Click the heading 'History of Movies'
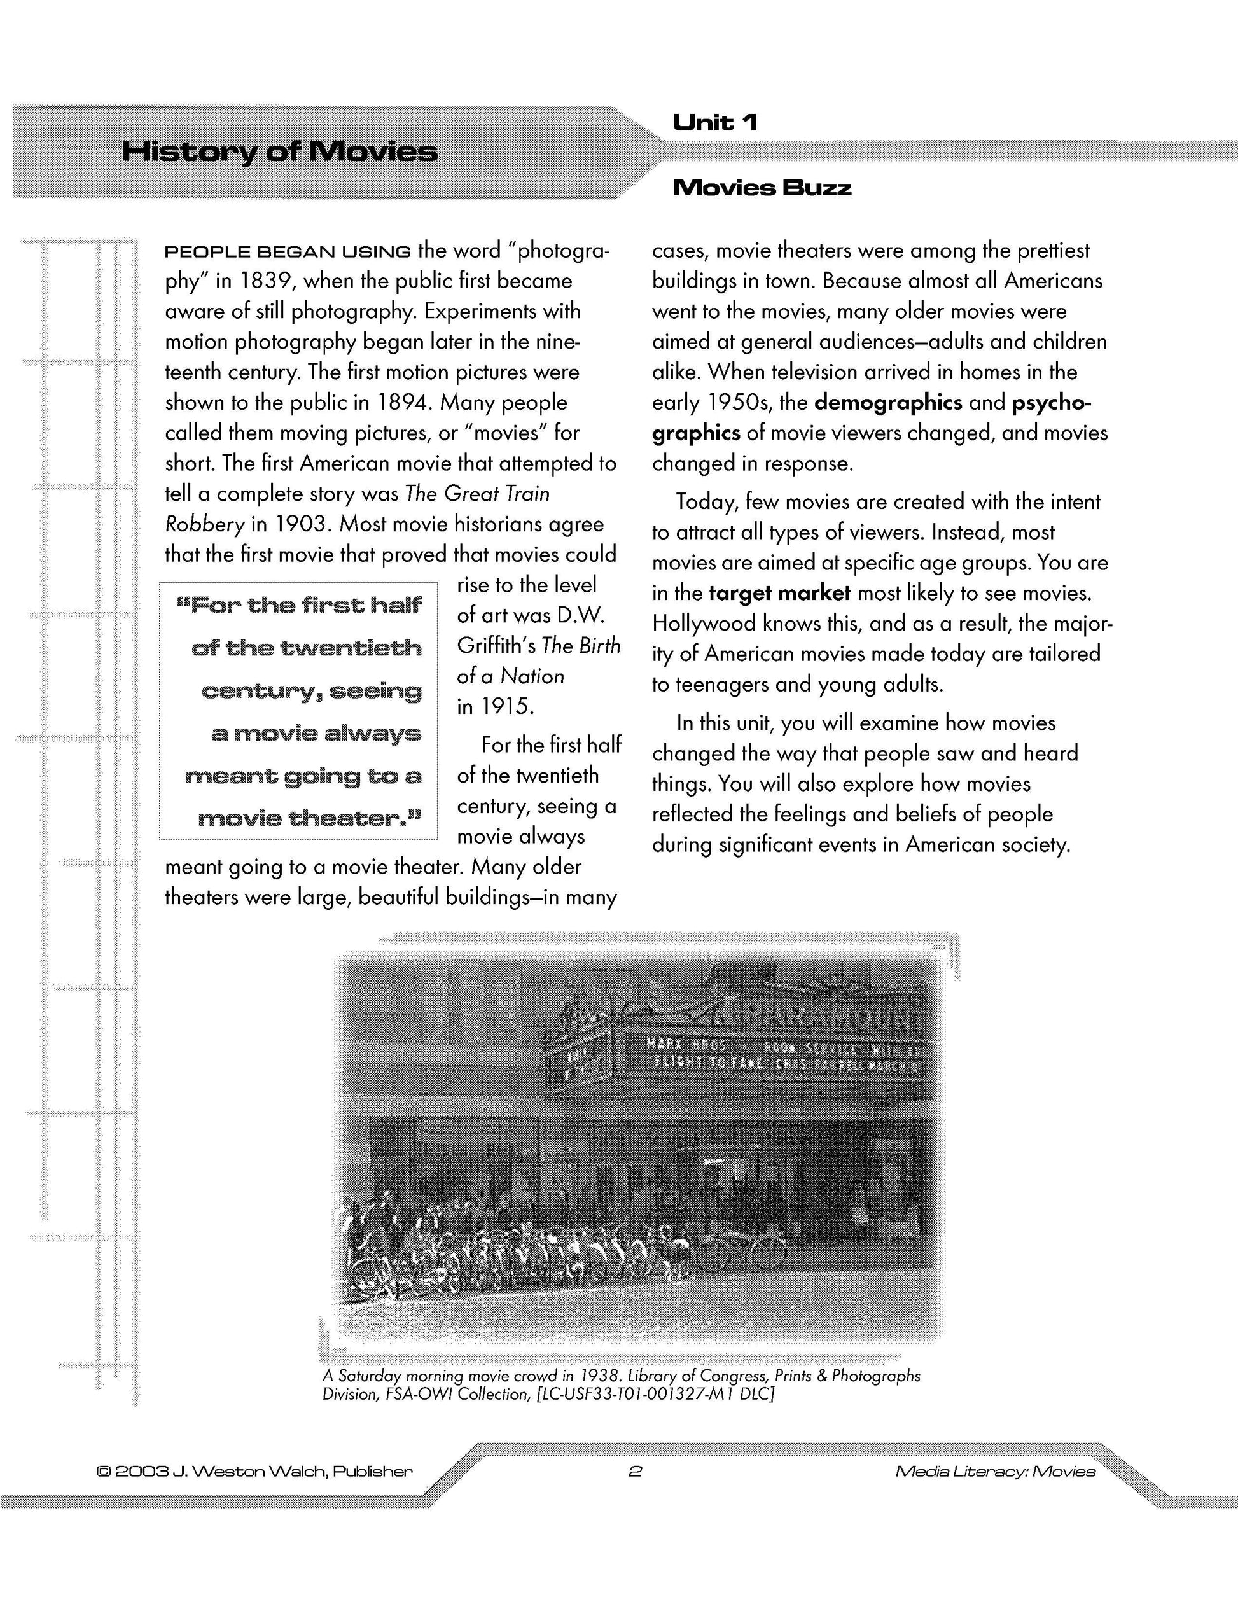279,152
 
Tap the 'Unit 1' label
714,122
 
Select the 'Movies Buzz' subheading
762,188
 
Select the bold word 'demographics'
889,403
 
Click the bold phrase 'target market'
780,593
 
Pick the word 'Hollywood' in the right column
704,624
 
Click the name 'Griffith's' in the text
496,646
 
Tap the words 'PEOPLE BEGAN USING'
288,252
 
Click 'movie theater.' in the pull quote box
310,818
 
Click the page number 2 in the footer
636,1471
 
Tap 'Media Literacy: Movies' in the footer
996,1471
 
